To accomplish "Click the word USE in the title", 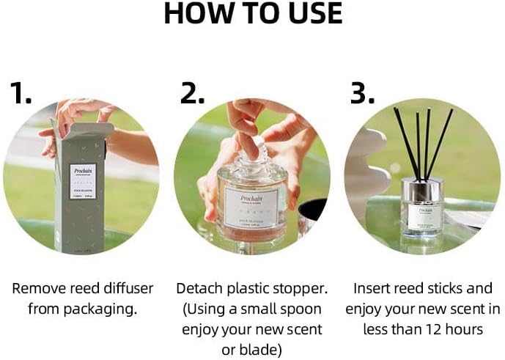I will click(311, 14).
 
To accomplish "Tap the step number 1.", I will click(21, 93).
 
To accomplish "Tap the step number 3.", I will click(360, 93).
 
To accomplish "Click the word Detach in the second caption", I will click(202, 288).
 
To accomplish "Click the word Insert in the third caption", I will click(373, 288).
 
